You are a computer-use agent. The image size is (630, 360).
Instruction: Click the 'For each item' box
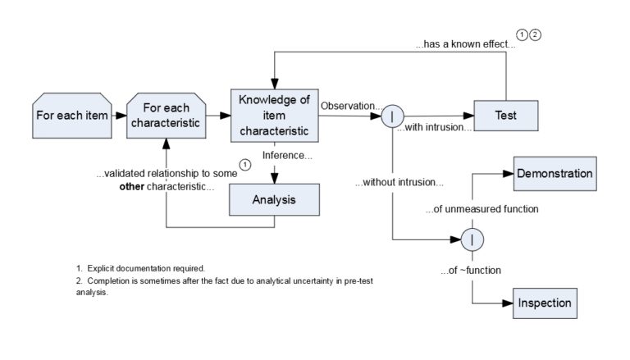[72, 115]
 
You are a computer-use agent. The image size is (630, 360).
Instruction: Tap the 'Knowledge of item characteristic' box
[274, 115]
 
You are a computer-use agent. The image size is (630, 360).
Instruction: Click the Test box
[505, 116]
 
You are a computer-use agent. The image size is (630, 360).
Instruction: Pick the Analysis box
[274, 199]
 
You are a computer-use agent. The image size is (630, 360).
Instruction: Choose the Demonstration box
[554, 174]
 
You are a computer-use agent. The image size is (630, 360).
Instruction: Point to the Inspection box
[544, 303]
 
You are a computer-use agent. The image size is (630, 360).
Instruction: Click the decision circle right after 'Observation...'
[392, 116]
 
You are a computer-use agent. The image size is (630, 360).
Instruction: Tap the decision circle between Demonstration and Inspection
[473, 239]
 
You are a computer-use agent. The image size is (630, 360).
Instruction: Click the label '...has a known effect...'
[464, 45]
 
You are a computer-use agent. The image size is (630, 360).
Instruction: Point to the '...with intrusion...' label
[434, 128]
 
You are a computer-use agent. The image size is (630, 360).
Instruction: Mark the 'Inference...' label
[286, 155]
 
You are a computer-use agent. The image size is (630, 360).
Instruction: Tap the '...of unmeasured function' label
[482, 209]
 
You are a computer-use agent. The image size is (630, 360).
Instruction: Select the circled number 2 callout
[536, 34]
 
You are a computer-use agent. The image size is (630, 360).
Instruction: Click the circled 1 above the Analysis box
[244, 165]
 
